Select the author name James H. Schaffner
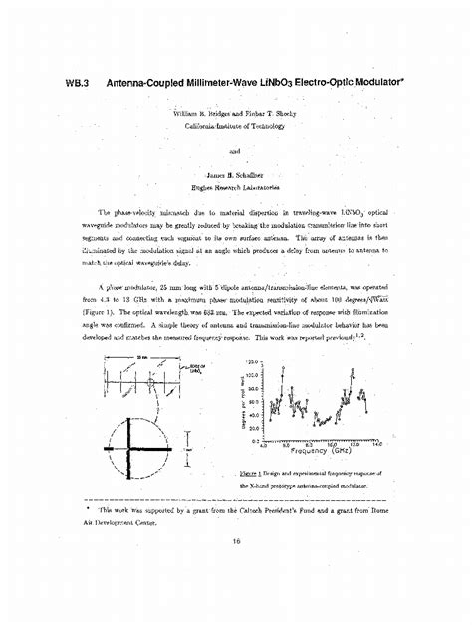tap(235, 175)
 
